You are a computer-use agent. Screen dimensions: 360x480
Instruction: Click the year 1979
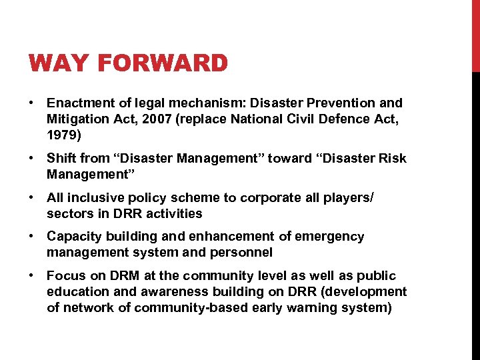(62, 134)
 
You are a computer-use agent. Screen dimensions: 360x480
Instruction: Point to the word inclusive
(92, 198)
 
